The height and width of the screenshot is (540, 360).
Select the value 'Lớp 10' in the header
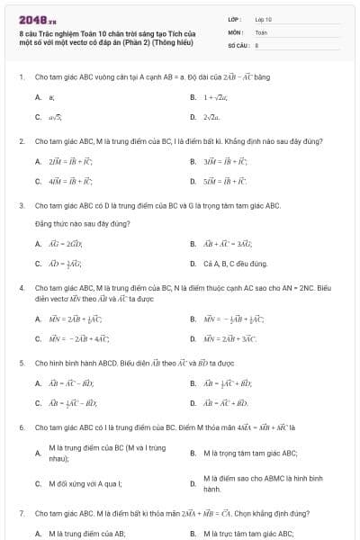pos(263,18)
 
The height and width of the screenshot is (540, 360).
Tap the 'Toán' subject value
pos(261,31)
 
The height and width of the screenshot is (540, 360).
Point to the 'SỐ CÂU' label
pos(237,43)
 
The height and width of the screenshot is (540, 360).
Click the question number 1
pos(20,77)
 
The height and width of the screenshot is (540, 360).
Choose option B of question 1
pos(213,96)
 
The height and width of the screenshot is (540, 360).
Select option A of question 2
pos(64,161)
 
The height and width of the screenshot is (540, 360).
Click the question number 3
pos(20,205)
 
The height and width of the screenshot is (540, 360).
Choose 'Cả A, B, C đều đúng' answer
pos(235,264)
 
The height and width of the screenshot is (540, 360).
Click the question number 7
pos(20,513)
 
